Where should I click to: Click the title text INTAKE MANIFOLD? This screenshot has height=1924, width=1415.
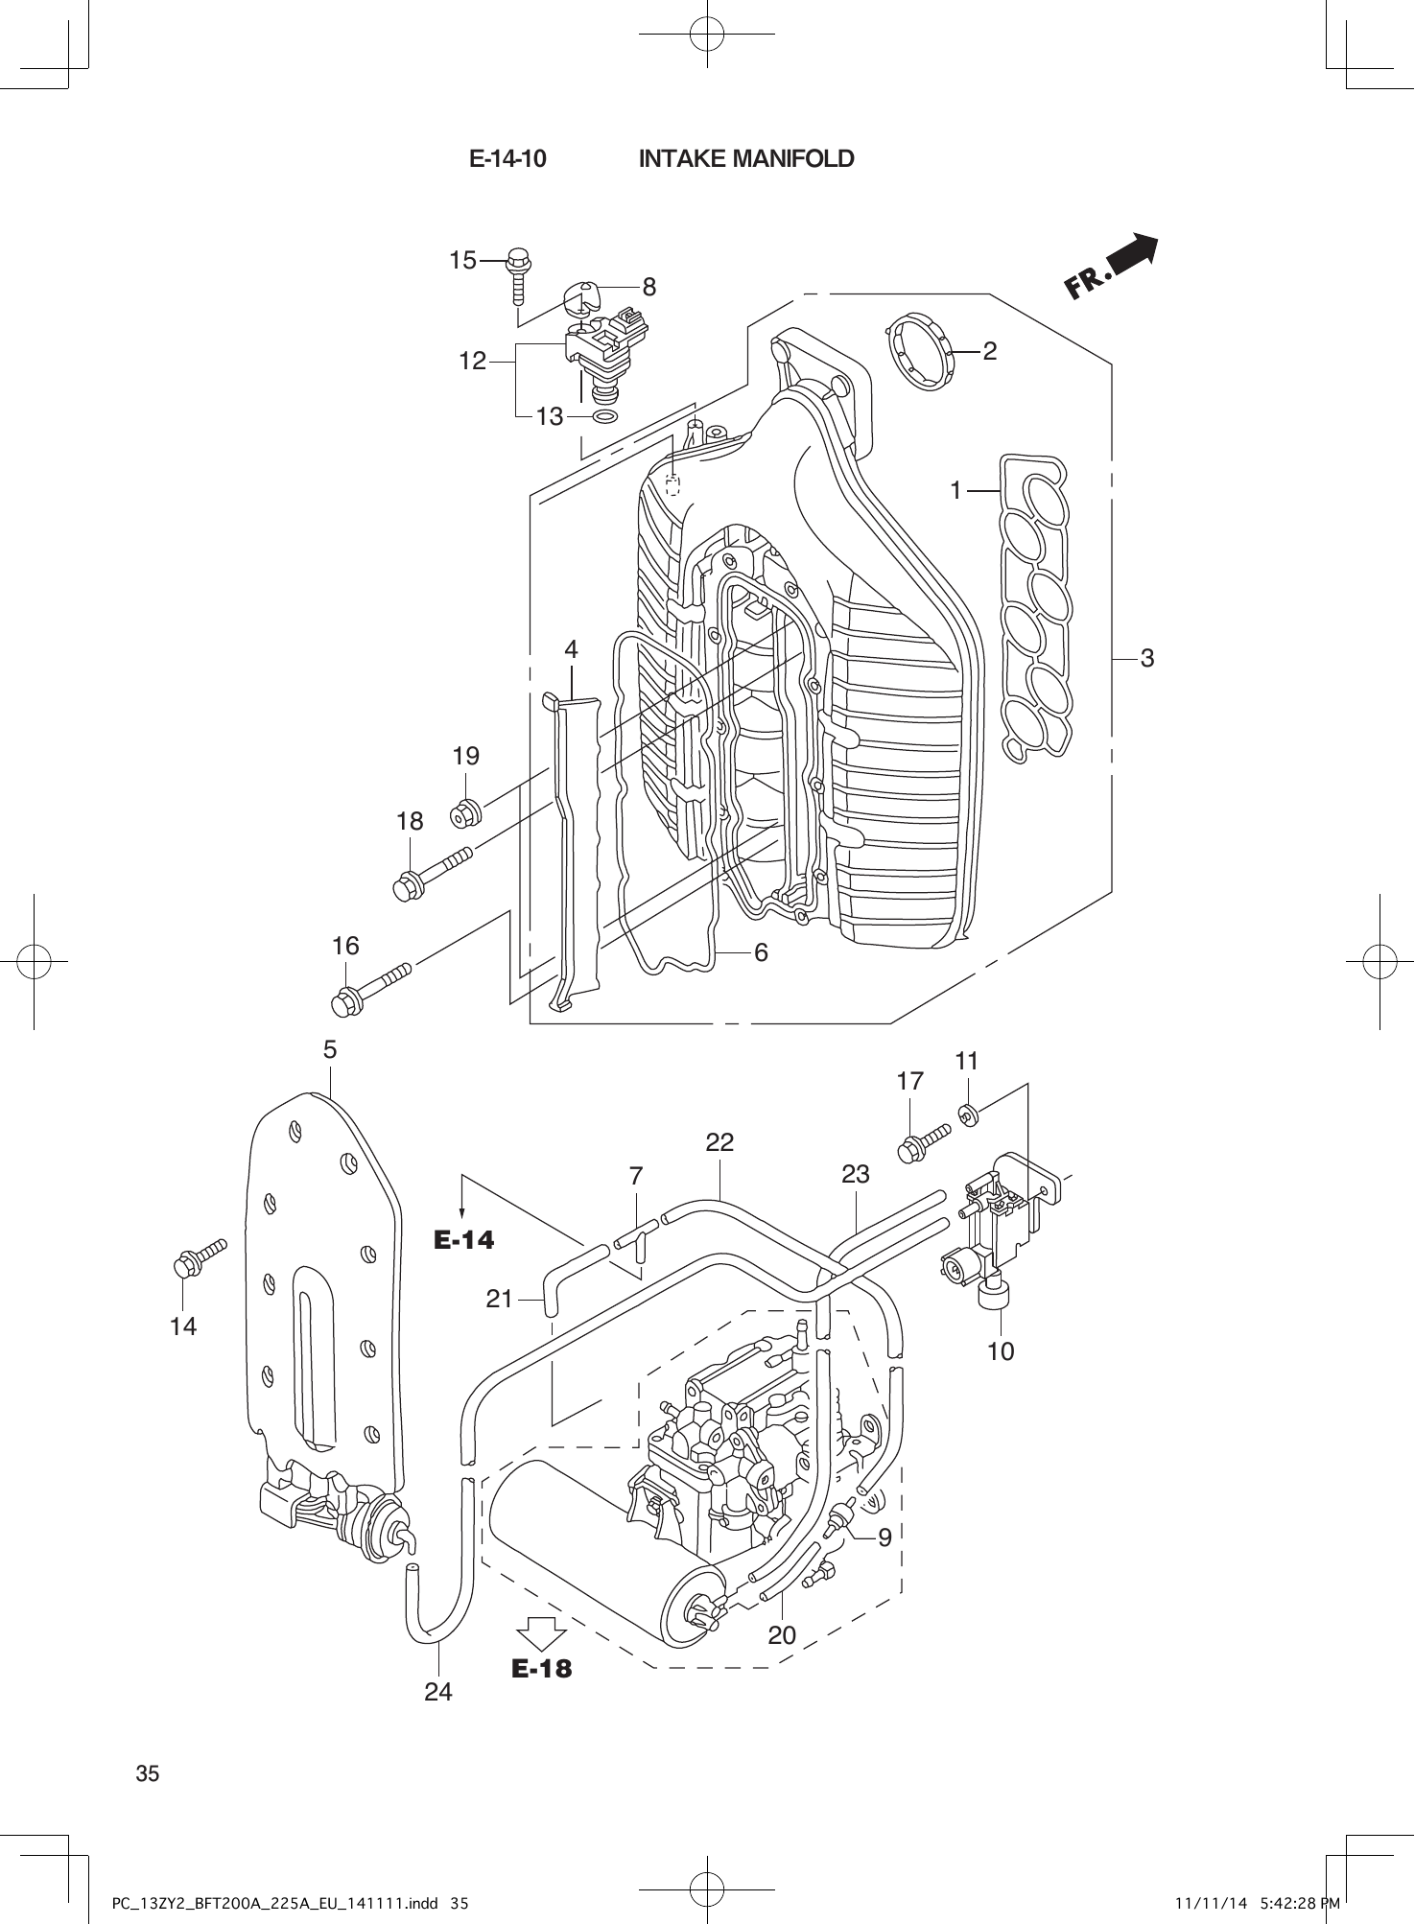[x=745, y=159]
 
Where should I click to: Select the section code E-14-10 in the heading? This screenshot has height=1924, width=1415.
[x=507, y=159]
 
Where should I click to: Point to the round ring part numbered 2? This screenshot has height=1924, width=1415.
[x=918, y=352]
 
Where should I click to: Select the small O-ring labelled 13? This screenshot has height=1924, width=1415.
[x=604, y=417]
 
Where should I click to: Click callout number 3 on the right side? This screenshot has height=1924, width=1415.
[x=1146, y=658]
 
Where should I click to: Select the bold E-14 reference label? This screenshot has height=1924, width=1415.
[x=464, y=1240]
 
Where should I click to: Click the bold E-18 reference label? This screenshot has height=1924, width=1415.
[x=541, y=1670]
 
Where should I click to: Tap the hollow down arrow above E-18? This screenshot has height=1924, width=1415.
[x=541, y=1633]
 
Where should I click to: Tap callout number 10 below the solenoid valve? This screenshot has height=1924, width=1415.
[x=1000, y=1351]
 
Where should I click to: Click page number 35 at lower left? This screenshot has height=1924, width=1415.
[x=148, y=1773]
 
